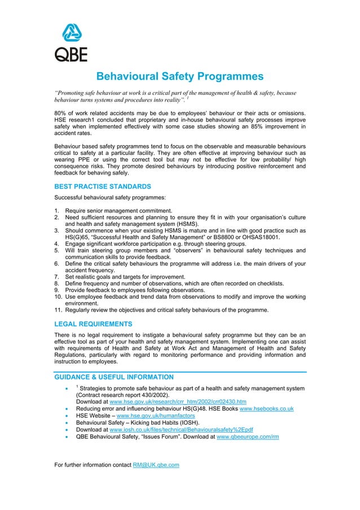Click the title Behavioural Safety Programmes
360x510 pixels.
click(179, 76)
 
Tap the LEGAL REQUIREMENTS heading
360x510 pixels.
click(93, 324)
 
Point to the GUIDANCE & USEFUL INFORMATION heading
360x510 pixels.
click(113, 377)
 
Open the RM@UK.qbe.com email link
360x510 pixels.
click(156, 465)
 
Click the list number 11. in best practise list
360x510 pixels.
click(58, 310)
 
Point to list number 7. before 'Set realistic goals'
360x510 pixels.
click(56, 277)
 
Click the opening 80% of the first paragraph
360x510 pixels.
click(61, 113)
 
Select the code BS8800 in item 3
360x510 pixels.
click(205, 237)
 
